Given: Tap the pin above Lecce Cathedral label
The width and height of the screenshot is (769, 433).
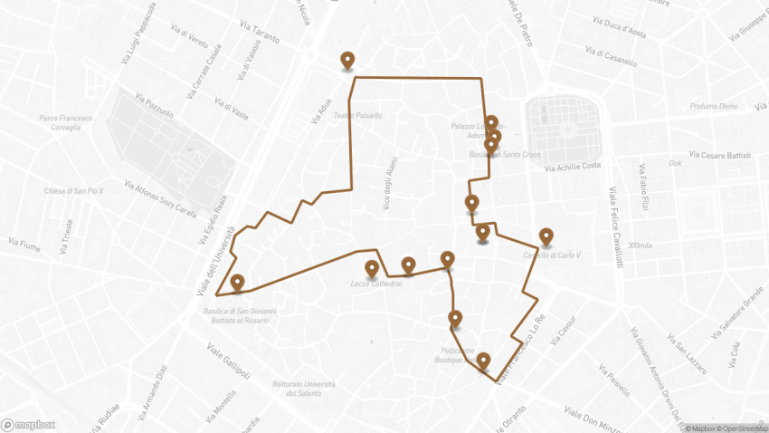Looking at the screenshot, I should [x=372, y=268].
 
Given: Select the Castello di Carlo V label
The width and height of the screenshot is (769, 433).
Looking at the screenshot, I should [x=546, y=255].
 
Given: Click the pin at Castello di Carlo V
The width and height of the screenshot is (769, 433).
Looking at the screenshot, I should [x=546, y=236].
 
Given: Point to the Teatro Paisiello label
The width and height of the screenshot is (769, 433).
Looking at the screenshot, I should [x=358, y=115].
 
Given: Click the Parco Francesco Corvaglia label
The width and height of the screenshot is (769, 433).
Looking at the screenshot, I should [x=60, y=122].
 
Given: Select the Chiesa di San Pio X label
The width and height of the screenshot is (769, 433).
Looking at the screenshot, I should [x=74, y=191].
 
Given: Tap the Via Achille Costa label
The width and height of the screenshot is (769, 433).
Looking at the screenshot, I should [x=573, y=167].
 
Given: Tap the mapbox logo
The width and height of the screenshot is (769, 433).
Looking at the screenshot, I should [x=28, y=424].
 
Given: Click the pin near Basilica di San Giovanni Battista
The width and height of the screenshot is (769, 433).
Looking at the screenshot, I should [x=237, y=282].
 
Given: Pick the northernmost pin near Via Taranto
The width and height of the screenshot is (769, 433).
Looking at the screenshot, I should [x=347, y=60].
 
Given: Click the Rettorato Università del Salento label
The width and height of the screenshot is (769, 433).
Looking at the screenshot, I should [x=298, y=388].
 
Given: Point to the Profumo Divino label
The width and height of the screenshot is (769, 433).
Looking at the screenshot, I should [x=714, y=106].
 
